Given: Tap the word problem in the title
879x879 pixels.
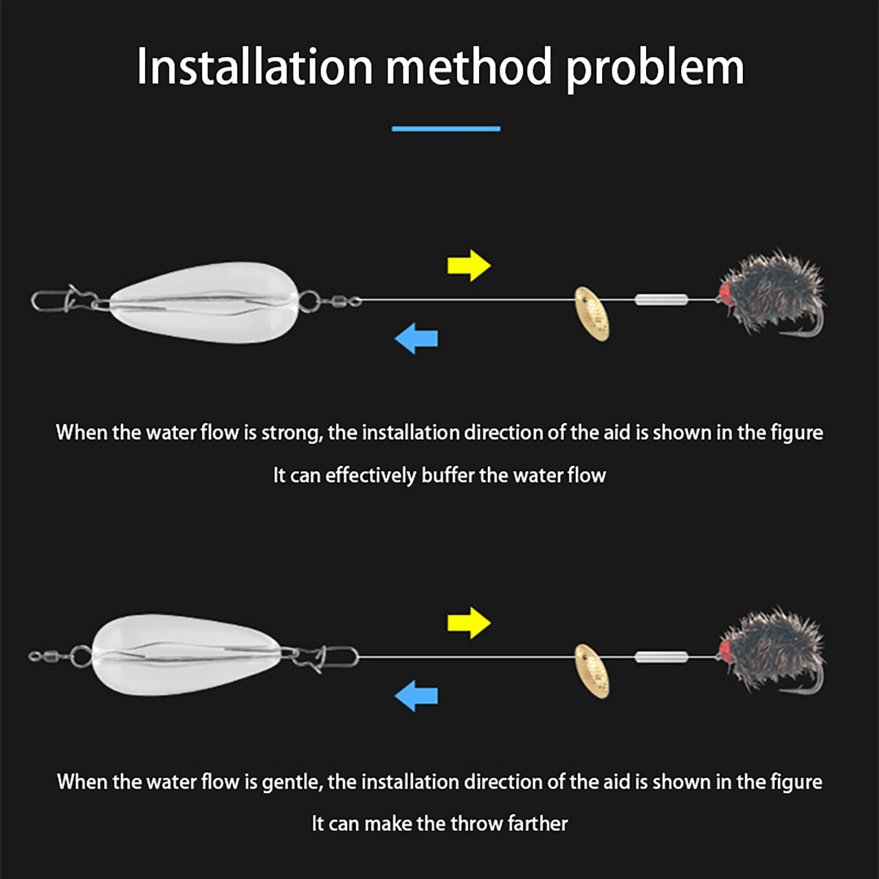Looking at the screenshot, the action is pyautogui.click(x=655, y=70).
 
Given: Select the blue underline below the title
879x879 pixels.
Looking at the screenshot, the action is pyautogui.click(x=446, y=129).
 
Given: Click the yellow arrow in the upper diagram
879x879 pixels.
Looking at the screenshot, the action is pyautogui.click(x=469, y=266).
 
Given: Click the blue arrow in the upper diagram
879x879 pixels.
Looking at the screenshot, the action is pyautogui.click(x=416, y=338).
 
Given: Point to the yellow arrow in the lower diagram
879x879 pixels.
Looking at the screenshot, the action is pyautogui.click(x=469, y=623).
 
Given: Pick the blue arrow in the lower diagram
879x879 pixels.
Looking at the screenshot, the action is pyautogui.click(x=416, y=696).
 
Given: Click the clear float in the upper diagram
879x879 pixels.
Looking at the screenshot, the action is pyautogui.click(x=205, y=302).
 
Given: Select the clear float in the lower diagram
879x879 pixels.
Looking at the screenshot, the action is pyautogui.click(x=187, y=655).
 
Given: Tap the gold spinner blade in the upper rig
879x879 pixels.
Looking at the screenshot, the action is pyautogui.click(x=592, y=314).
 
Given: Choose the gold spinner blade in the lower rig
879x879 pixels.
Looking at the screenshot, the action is pyautogui.click(x=592, y=671).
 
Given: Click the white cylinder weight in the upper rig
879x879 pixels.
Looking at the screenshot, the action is pyautogui.click(x=661, y=300).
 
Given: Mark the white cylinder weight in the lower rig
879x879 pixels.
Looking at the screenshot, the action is pyautogui.click(x=661, y=657).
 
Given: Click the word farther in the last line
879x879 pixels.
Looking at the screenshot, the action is pyautogui.click(x=538, y=824).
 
